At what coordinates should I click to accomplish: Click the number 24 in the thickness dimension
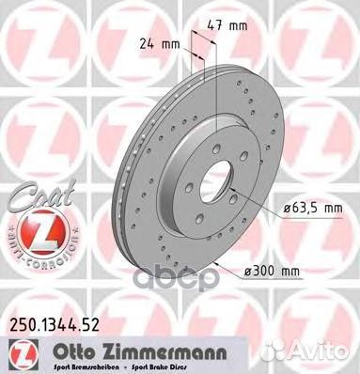pyautogui.click(x=149, y=43)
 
